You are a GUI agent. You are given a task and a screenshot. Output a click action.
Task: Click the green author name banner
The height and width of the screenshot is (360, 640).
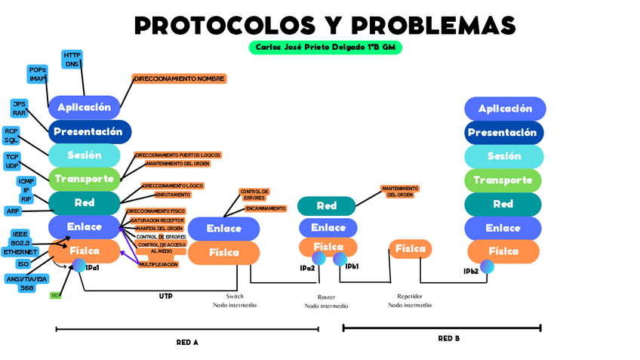(325, 48)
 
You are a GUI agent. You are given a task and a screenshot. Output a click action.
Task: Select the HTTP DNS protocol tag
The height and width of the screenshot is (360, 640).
(72, 60)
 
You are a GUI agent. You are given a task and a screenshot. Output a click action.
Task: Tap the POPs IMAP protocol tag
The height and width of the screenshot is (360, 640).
(38, 74)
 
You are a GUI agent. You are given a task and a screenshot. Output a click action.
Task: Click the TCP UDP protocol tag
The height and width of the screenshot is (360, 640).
(12, 161)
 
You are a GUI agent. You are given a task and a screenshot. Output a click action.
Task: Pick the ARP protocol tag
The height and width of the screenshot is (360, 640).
(13, 211)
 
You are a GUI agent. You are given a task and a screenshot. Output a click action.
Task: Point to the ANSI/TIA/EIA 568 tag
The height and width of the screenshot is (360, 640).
(26, 283)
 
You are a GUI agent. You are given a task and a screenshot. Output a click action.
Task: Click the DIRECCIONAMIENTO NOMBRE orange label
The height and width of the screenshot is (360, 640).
(179, 78)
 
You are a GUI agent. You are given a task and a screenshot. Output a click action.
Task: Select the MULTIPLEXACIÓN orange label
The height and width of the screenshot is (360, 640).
(158, 265)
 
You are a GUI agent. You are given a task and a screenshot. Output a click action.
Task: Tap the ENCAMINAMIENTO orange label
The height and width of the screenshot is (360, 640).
(265, 208)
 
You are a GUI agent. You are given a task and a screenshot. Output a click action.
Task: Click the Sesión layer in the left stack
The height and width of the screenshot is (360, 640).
(84, 155)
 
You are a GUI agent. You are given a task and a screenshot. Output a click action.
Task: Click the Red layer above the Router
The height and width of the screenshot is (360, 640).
(326, 205)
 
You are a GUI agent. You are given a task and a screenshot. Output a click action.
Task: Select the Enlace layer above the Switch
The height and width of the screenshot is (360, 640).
(223, 229)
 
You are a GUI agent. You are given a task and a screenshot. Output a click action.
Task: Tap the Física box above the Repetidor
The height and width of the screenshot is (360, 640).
(410, 248)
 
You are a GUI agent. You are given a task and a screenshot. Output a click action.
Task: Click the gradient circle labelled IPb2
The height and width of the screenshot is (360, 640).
(488, 266)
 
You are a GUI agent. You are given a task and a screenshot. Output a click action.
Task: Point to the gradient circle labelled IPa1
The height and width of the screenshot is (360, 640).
(78, 264)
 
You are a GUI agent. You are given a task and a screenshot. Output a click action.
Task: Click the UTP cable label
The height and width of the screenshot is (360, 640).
(165, 297)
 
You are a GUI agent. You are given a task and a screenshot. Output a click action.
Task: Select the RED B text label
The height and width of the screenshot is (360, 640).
(448, 339)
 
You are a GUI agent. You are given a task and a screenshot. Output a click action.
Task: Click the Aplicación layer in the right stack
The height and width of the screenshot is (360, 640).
(505, 109)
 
